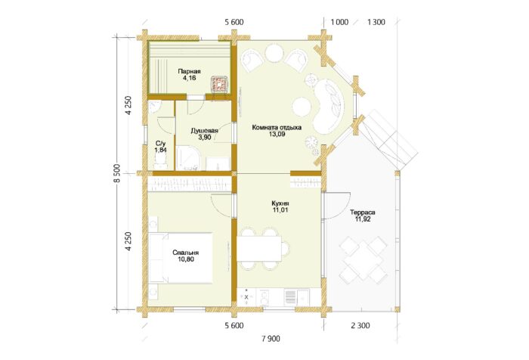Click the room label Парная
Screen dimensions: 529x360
[189, 72]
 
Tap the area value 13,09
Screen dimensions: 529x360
[277, 134]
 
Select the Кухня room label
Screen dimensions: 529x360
[280, 203]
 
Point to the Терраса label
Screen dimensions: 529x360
[362, 213]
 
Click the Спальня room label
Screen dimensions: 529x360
[186, 253]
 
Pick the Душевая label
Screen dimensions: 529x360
[205, 131]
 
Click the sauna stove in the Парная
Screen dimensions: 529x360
[219, 83]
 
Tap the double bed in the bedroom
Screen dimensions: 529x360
[181, 258]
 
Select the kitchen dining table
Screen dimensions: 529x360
[259, 249]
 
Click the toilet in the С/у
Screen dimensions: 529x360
[160, 163]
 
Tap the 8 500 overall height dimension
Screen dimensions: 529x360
[116, 173]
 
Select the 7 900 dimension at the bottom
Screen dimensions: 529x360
[271, 339]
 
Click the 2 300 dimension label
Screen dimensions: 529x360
[360, 325]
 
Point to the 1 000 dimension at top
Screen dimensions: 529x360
[339, 22]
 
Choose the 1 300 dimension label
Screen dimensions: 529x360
[376, 22]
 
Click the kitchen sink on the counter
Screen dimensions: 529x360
[303, 297]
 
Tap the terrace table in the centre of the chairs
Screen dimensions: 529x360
[363, 259]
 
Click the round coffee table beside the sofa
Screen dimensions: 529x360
[302, 107]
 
